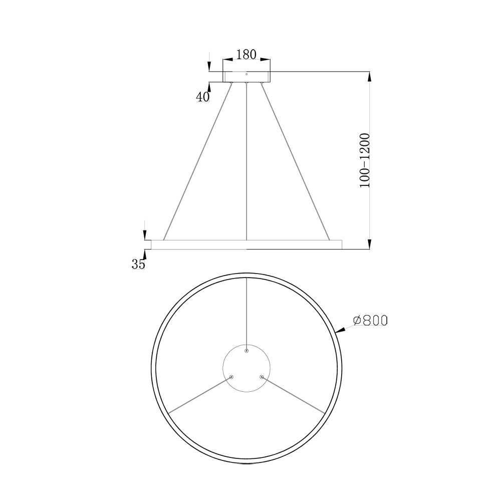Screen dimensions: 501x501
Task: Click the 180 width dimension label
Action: point(246,55)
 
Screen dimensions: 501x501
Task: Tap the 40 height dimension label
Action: point(202,97)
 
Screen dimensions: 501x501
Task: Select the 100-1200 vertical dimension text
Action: point(365,160)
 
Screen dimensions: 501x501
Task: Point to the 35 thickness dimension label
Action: point(138,264)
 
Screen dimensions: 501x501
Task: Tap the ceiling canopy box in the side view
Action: point(246,77)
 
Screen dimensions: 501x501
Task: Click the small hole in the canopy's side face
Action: point(246,74)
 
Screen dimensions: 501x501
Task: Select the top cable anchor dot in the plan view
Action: point(246,351)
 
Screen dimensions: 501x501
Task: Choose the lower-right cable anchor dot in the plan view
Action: point(262,377)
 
